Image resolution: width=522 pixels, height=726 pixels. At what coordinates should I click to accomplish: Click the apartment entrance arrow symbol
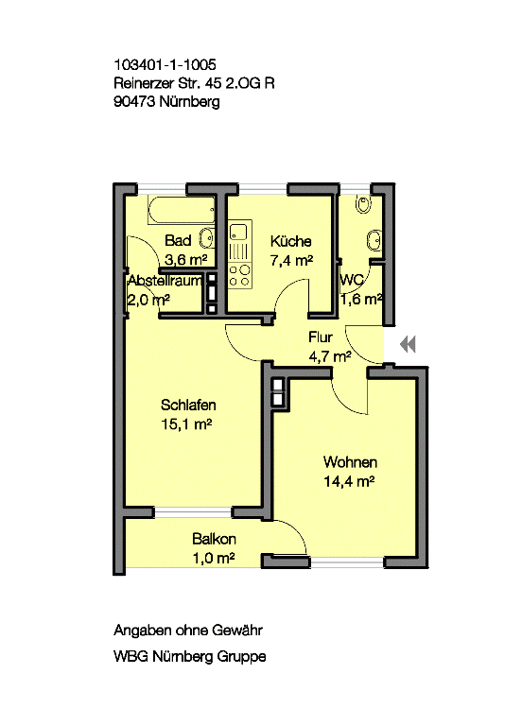(x=409, y=344)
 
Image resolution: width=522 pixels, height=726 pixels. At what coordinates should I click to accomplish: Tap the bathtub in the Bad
(x=182, y=210)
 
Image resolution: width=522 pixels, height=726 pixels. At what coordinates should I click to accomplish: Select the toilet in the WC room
(x=363, y=204)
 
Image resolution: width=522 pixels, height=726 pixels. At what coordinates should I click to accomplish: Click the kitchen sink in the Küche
(x=240, y=232)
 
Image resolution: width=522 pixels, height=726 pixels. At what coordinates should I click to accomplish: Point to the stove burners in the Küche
(x=240, y=275)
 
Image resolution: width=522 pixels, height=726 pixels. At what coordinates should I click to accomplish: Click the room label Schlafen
(x=188, y=406)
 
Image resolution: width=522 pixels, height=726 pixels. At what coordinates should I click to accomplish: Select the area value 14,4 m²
(x=349, y=481)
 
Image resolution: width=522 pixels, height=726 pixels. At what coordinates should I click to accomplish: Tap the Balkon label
(x=214, y=539)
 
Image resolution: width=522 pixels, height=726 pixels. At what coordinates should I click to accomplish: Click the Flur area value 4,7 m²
(x=329, y=356)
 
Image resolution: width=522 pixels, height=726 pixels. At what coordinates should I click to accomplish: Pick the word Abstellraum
(x=165, y=281)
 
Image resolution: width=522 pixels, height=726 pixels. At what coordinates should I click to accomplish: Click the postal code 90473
(x=134, y=102)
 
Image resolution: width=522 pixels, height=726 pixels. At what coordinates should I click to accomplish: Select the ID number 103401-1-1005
(x=165, y=64)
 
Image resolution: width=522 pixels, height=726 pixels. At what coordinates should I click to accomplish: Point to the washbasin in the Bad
(x=206, y=239)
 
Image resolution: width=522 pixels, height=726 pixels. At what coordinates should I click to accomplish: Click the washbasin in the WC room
(x=374, y=240)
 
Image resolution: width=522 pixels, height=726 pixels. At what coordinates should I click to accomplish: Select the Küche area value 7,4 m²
(x=291, y=261)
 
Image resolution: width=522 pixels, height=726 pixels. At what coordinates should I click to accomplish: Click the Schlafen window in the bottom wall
(x=192, y=512)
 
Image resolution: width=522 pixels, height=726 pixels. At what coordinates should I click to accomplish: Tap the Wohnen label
(x=350, y=462)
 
